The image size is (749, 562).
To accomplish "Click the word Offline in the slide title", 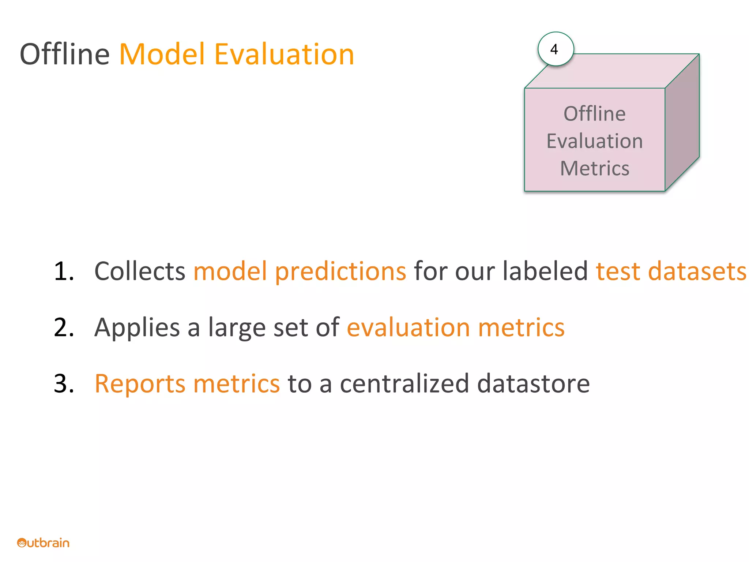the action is pos(64,54).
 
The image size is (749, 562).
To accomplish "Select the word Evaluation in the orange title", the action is pos(284,54).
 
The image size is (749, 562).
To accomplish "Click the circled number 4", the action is pos(555,49).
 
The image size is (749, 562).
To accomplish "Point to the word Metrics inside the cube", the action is pos(595,169).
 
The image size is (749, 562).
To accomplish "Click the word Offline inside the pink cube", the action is pos(595,113).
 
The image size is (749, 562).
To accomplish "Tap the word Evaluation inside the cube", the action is pos(595,141).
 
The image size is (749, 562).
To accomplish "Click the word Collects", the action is pos(140,271).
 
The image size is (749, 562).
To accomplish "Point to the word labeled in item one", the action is pos(545,271).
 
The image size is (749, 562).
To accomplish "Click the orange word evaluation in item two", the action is pos(408,327).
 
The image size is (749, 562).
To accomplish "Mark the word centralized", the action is pos(404,384).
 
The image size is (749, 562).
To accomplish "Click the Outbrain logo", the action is pos(43,543).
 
